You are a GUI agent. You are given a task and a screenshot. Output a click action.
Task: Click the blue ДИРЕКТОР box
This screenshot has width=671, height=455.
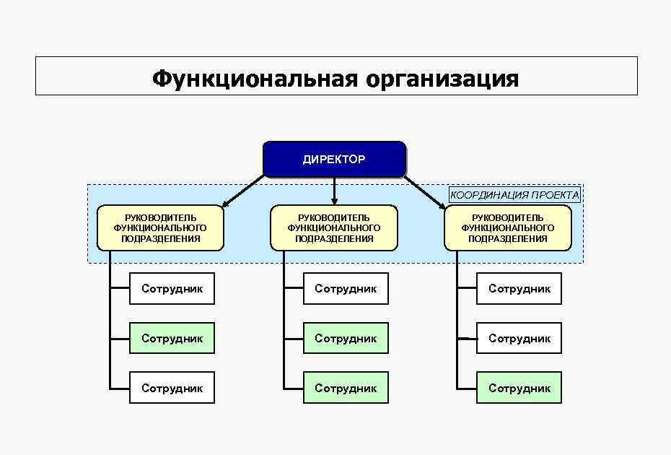(x=334, y=160)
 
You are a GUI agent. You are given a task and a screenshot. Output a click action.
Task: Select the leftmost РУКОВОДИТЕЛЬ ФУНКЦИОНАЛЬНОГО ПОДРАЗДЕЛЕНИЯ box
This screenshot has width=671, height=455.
(x=160, y=227)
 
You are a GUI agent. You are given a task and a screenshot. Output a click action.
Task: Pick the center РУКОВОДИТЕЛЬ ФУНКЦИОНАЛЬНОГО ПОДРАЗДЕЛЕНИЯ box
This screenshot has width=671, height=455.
(x=334, y=227)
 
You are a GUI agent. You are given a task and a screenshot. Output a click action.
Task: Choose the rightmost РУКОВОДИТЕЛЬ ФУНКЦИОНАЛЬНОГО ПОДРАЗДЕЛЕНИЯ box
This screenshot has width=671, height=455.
(x=508, y=227)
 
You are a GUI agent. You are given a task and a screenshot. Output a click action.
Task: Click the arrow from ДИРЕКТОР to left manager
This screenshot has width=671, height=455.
(x=244, y=191)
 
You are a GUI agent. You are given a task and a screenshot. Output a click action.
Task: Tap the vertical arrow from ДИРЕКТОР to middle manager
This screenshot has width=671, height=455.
(x=335, y=191)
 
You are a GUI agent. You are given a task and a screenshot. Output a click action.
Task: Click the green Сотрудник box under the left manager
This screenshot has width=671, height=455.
(x=172, y=338)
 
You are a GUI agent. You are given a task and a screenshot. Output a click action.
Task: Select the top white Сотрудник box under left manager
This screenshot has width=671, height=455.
(x=172, y=288)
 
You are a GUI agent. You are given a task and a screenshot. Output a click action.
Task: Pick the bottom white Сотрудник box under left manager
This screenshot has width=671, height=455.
(x=172, y=388)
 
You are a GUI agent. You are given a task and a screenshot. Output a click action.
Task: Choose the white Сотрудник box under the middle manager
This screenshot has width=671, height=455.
(x=346, y=288)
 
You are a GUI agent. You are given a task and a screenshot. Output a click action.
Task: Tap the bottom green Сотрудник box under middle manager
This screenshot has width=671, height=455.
(x=346, y=388)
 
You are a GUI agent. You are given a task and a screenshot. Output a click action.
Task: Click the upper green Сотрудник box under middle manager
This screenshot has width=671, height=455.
(x=346, y=338)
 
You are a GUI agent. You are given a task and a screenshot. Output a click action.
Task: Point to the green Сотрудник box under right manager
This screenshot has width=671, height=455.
(x=519, y=388)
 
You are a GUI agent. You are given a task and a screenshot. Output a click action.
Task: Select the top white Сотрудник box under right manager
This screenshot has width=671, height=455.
(x=519, y=288)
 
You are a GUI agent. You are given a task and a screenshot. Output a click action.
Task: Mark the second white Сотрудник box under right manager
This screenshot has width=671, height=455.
(x=519, y=338)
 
